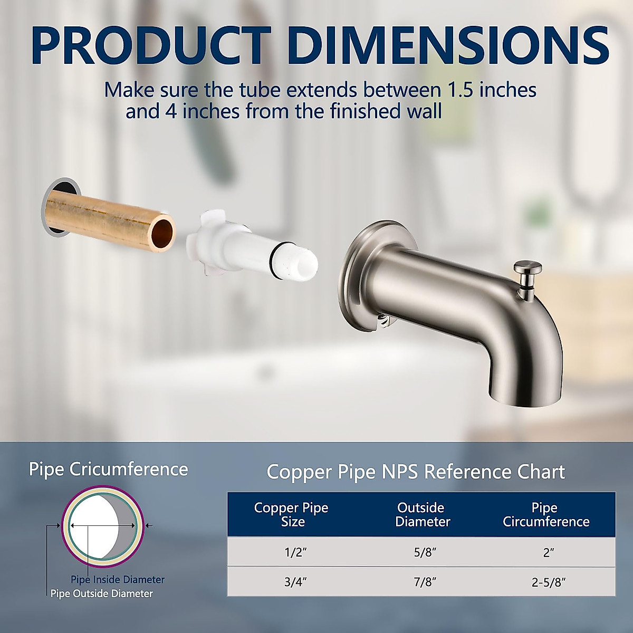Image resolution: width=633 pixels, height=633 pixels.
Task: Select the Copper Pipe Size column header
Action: tap(291, 514)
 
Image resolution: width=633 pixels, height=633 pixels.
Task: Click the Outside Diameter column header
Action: tap(422, 514)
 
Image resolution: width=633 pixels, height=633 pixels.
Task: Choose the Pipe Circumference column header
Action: tap(545, 514)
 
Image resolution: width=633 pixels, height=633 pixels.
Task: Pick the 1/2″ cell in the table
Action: tap(295, 552)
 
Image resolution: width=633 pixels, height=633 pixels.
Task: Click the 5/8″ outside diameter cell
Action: tap(425, 552)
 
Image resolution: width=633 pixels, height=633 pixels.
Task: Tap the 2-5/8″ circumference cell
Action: tap(549, 582)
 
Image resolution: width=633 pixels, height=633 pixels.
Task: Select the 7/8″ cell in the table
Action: tap(425, 582)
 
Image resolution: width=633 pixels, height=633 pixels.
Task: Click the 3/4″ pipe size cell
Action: tap(295, 582)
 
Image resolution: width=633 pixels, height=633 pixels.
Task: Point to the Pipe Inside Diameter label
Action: tap(118, 580)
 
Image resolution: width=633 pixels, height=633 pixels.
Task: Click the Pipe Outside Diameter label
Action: tap(101, 594)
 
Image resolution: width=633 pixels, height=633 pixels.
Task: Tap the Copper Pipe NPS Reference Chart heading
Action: tap(415, 472)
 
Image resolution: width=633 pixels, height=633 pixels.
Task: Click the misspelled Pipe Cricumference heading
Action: tap(108, 469)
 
